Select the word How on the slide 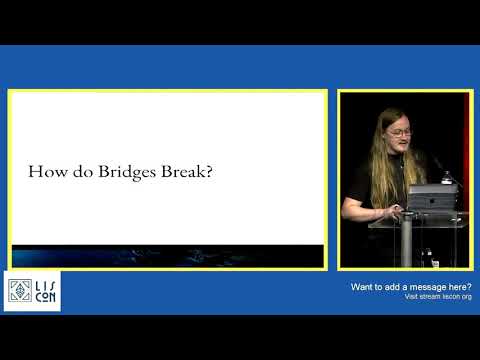point(45,172)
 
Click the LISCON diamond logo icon point(19,290)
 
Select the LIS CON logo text point(45,290)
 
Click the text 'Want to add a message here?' point(410,287)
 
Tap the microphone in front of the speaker point(437,161)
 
